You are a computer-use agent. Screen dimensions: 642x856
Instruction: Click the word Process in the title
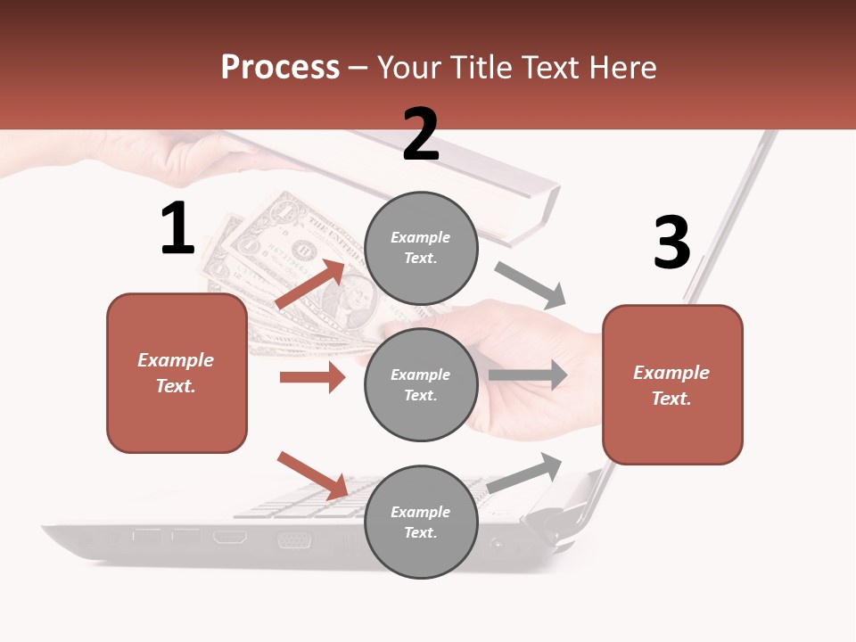280,68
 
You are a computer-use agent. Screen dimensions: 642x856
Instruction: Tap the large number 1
177,228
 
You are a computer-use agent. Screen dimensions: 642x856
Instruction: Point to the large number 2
421,134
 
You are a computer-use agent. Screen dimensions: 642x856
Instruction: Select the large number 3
671,243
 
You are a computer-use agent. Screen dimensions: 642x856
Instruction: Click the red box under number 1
177,373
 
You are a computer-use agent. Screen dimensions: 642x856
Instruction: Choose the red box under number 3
672,384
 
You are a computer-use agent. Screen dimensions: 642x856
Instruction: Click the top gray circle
421,248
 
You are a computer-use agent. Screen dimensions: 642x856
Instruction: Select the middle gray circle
421,384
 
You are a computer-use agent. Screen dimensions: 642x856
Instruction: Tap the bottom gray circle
421,522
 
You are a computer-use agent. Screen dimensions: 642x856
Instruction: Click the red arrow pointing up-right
310,284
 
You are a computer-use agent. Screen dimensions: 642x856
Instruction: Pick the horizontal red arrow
312,377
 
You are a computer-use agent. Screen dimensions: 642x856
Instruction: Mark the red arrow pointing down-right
312,475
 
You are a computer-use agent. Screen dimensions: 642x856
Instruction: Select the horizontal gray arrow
529,375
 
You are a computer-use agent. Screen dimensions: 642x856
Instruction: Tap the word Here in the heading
623,68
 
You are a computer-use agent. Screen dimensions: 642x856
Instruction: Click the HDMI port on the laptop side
230,537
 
